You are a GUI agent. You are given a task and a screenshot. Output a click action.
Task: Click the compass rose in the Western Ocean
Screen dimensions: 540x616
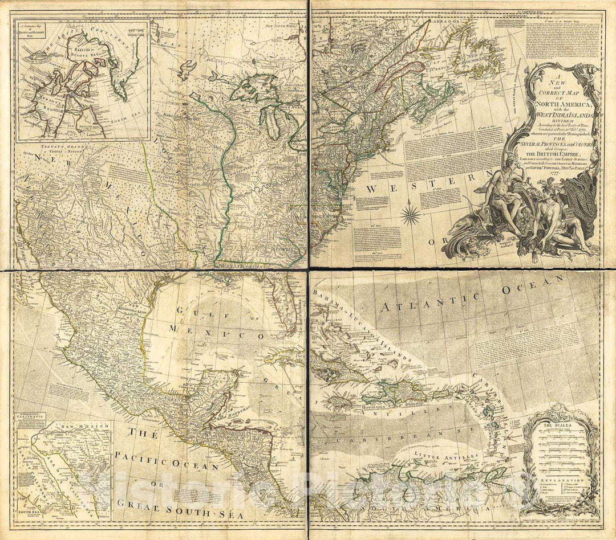click(411, 215)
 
